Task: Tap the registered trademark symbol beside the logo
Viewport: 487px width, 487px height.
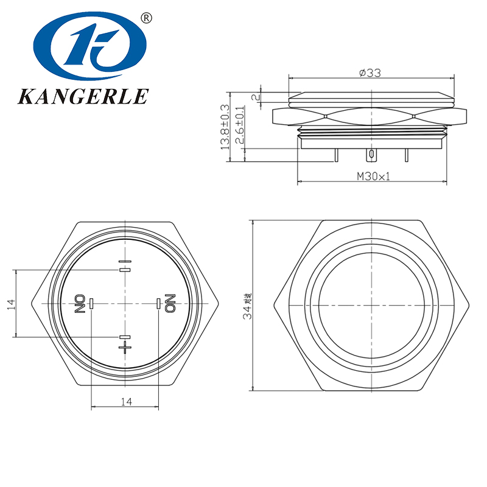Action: pos(145,18)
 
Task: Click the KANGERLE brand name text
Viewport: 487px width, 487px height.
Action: pos(83,96)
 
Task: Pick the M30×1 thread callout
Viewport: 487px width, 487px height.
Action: pos(373,177)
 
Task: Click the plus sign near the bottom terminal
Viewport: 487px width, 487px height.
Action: pos(125,348)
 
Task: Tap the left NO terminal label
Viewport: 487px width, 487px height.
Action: pos(79,303)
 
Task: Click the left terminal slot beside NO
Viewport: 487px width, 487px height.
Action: pos(91,303)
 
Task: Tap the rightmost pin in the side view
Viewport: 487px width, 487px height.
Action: pos(406,155)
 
